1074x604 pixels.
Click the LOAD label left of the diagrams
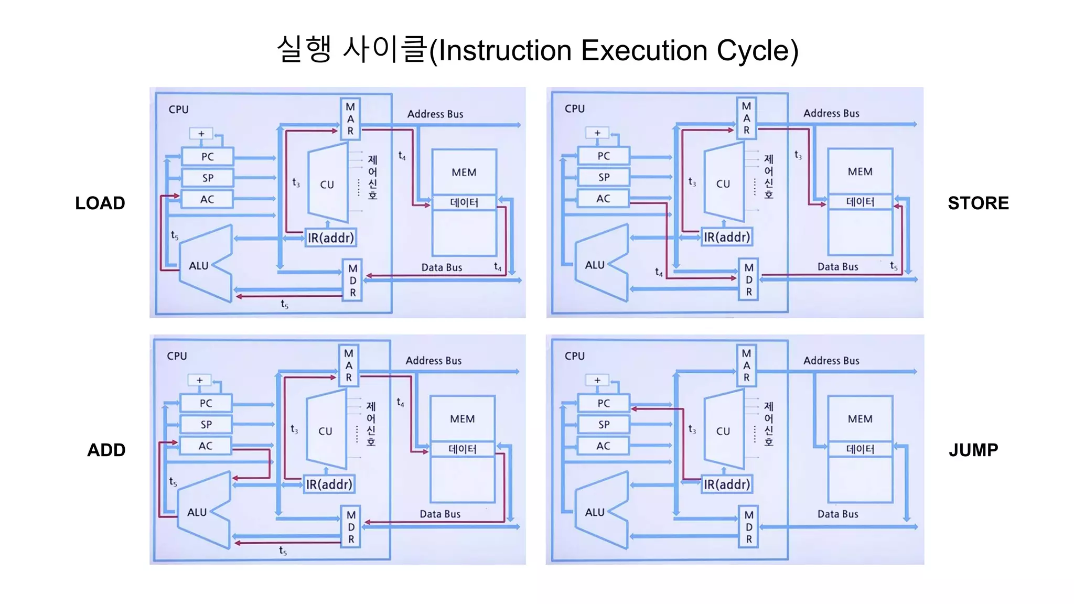[x=100, y=203]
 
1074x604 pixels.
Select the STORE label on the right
[x=978, y=203]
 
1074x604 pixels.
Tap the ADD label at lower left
[x=106, y=450]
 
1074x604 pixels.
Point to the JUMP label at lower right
[x=973, y=450]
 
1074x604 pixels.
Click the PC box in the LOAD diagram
[x=208, y=157]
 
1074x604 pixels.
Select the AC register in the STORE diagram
[x=603, y=199]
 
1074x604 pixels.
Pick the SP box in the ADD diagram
[x=206, y=425]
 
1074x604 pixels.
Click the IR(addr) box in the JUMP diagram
[x=726, y=484]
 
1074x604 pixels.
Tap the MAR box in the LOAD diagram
[x=350, y=119]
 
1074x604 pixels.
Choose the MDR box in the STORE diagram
[x=748, y=279]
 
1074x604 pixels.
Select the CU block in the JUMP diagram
[x=724, y=431]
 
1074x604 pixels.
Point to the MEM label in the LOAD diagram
[x=464, y=172]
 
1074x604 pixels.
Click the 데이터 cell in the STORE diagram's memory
[x=860, y=202]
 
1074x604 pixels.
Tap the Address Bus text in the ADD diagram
[x=433, y=361]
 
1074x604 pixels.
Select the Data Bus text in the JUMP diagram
[x=837, y=514]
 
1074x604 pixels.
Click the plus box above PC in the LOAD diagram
[x=201, y=134]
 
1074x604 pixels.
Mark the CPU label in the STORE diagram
[x=574, y=109]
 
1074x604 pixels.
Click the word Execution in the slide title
[x=644, y=51]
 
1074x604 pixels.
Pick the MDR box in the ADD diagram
[x=351, y=527]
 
